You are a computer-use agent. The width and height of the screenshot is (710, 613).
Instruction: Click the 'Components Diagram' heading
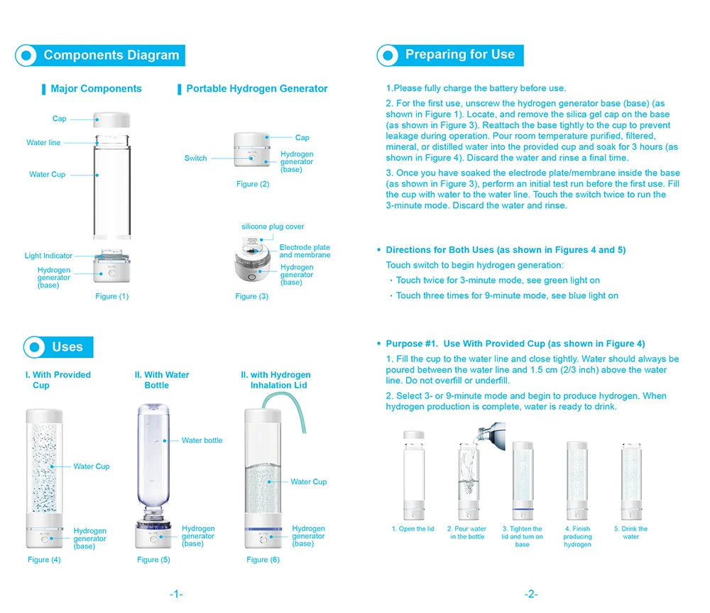pyautogui.click(x=111, y=55)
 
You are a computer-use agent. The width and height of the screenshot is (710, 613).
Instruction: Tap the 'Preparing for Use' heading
pyautogui.click(x=459, y=55)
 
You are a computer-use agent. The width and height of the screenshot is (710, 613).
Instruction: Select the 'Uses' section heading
pyautogui.click(x=67, y=347)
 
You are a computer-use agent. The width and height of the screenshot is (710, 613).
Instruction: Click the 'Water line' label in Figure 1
pyautogui.click(x=43, y=143)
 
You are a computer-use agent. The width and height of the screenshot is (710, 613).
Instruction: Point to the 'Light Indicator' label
pyautogui.click(x=48, y=256)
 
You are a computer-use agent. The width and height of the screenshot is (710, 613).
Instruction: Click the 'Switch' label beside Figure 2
pyautogui.click(x=195, y=158)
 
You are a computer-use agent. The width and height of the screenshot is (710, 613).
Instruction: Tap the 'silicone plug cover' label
pyautogui.click(x=273, y=227)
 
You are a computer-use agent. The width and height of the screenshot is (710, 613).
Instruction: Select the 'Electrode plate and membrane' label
pyautogui.click(x=305, y=251)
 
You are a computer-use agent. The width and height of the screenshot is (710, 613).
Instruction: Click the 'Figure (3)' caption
pyautogui.click(x=251, y=296)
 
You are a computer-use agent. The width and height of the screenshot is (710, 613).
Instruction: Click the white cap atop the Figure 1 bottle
pyautogui.click(x=111, y=119)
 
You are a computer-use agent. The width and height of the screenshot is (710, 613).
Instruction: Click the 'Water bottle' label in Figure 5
pyautogui.click(x=202, y=440)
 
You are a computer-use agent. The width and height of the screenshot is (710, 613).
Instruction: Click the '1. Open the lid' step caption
pyautogui.click(x=413, y=529)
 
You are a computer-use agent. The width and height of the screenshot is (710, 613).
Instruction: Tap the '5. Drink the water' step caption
pyautogui.click(x=630, y=533)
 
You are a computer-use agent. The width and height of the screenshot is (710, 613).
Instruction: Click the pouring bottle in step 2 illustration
pyautogui.click(x=494, y=431)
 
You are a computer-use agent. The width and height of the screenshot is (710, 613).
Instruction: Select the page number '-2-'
pyautogui.click(x=531, y=594)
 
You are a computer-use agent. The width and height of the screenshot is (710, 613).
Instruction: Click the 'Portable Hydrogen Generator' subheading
pyautogui.click(x=256, y=89)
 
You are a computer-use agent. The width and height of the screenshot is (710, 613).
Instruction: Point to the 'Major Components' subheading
pyautogui.click(x=96, y=89)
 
